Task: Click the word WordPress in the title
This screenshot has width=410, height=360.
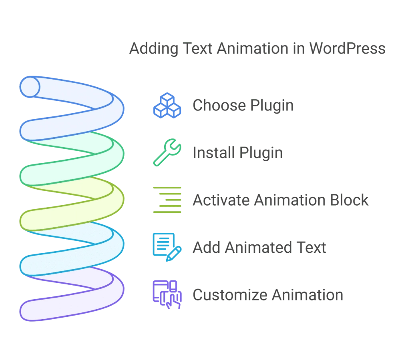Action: [x=348, y=49]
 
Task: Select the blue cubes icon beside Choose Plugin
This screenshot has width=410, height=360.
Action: [x=167, y=106]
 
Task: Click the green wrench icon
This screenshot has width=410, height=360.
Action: [x=167, y=152]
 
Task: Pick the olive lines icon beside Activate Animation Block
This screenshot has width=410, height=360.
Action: [x=167, y=200]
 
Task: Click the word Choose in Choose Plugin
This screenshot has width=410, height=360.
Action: [x=219, y=106]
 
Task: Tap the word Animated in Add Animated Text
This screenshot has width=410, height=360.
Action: [x=256, y=248]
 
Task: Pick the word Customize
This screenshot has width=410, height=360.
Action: [x=230, y=295]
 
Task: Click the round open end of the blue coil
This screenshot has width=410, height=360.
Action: [x=30, y=87]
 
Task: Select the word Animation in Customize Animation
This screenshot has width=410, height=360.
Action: [x=307, y=295]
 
